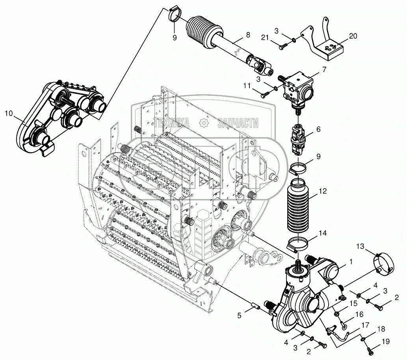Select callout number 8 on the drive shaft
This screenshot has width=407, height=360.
[247, 35]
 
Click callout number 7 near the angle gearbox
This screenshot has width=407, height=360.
[324, 70]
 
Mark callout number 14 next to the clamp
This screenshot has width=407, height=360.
[323, 233]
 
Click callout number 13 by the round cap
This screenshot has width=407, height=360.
[361, 246]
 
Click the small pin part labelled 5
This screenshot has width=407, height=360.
[255, 306]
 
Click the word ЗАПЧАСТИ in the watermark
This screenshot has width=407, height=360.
[238, 123]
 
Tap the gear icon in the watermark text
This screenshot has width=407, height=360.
[204, 123]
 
